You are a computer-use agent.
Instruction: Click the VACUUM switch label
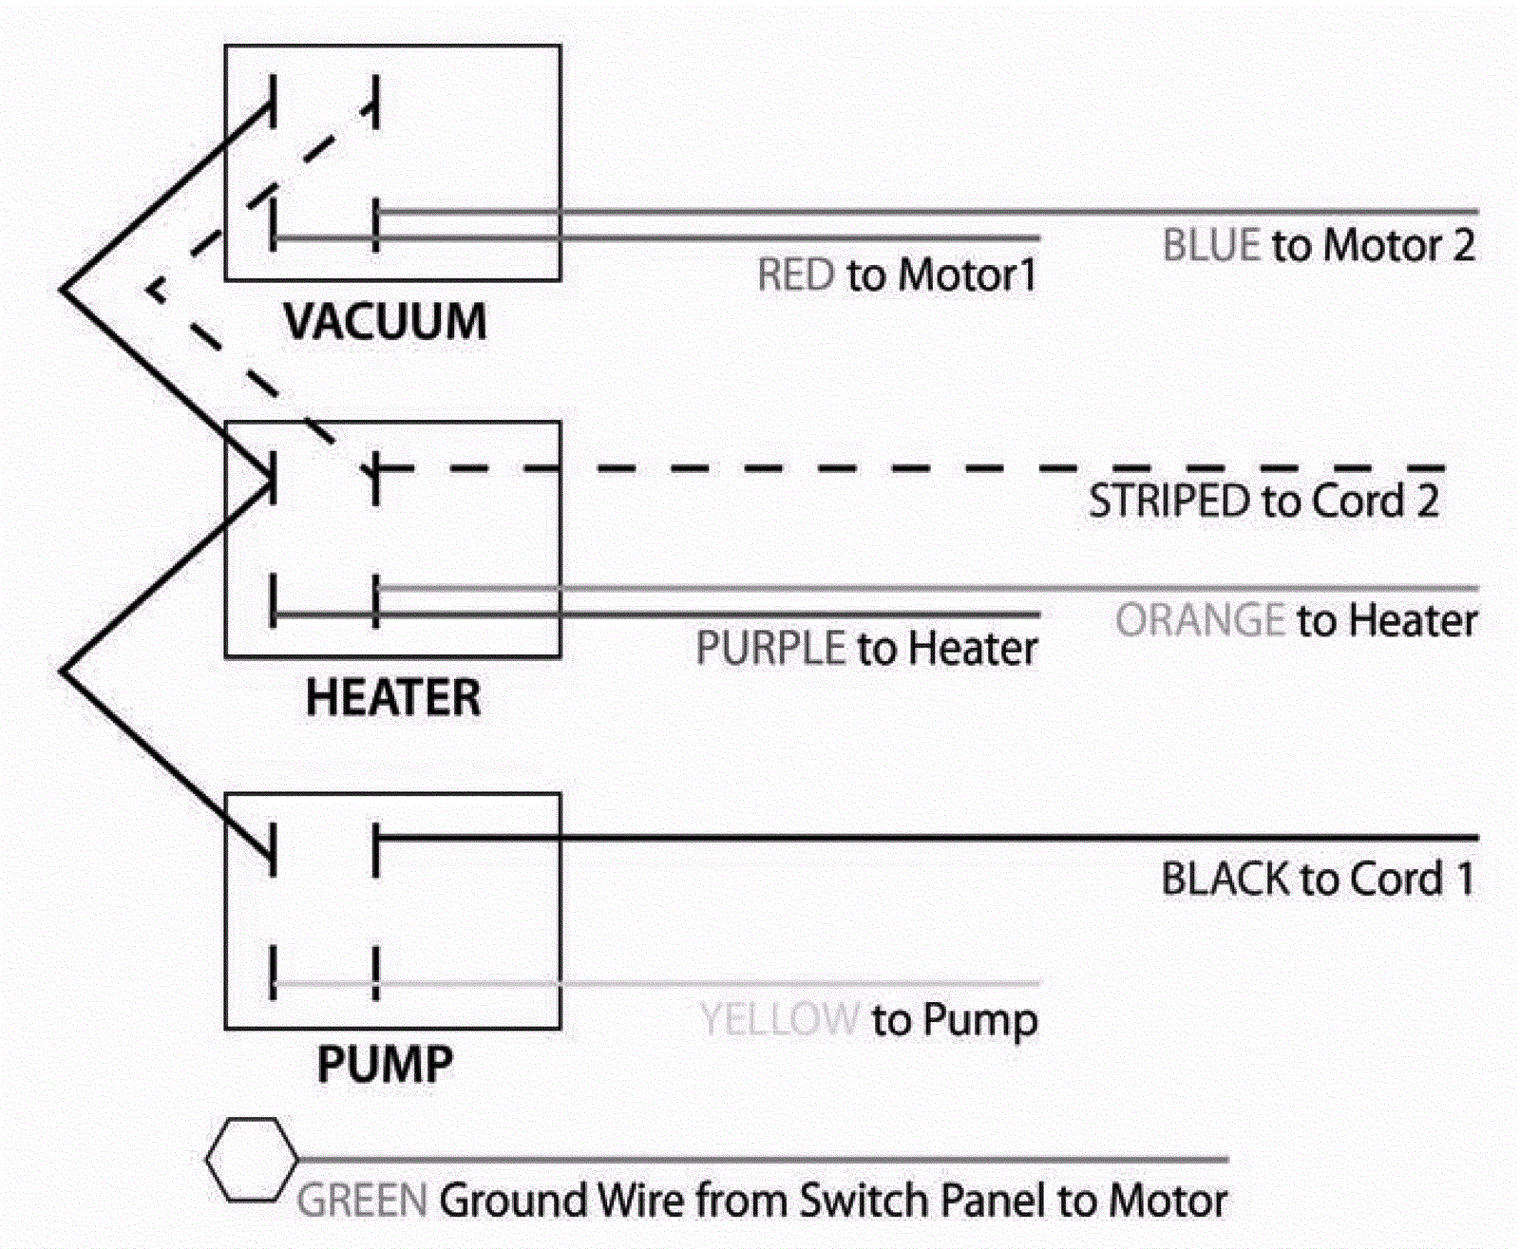click(386, 321)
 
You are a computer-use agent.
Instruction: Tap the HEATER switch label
click(392, 698)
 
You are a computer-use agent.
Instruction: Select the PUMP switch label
click(386, 1065)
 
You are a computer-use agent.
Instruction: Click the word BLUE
click(1211, 245)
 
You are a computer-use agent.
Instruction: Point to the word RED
click(796, 275)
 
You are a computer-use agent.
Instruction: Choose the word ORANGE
click(1200, 620)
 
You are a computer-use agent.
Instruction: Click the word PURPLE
click(770, 648)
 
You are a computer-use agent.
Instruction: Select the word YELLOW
click(779, 1020)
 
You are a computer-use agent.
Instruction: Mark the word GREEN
click(362, 1201)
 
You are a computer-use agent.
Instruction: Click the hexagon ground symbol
click(252, 1160)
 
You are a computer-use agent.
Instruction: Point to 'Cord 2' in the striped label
click(1376, 501)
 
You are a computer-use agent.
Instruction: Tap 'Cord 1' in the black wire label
click(1412, 880)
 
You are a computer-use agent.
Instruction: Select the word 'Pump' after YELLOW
click(980, 1021)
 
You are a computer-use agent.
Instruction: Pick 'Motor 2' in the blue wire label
click(1399, 245)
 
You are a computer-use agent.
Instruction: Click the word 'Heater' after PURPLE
click(972, 648)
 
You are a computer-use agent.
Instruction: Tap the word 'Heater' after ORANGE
click(1413, 620)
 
